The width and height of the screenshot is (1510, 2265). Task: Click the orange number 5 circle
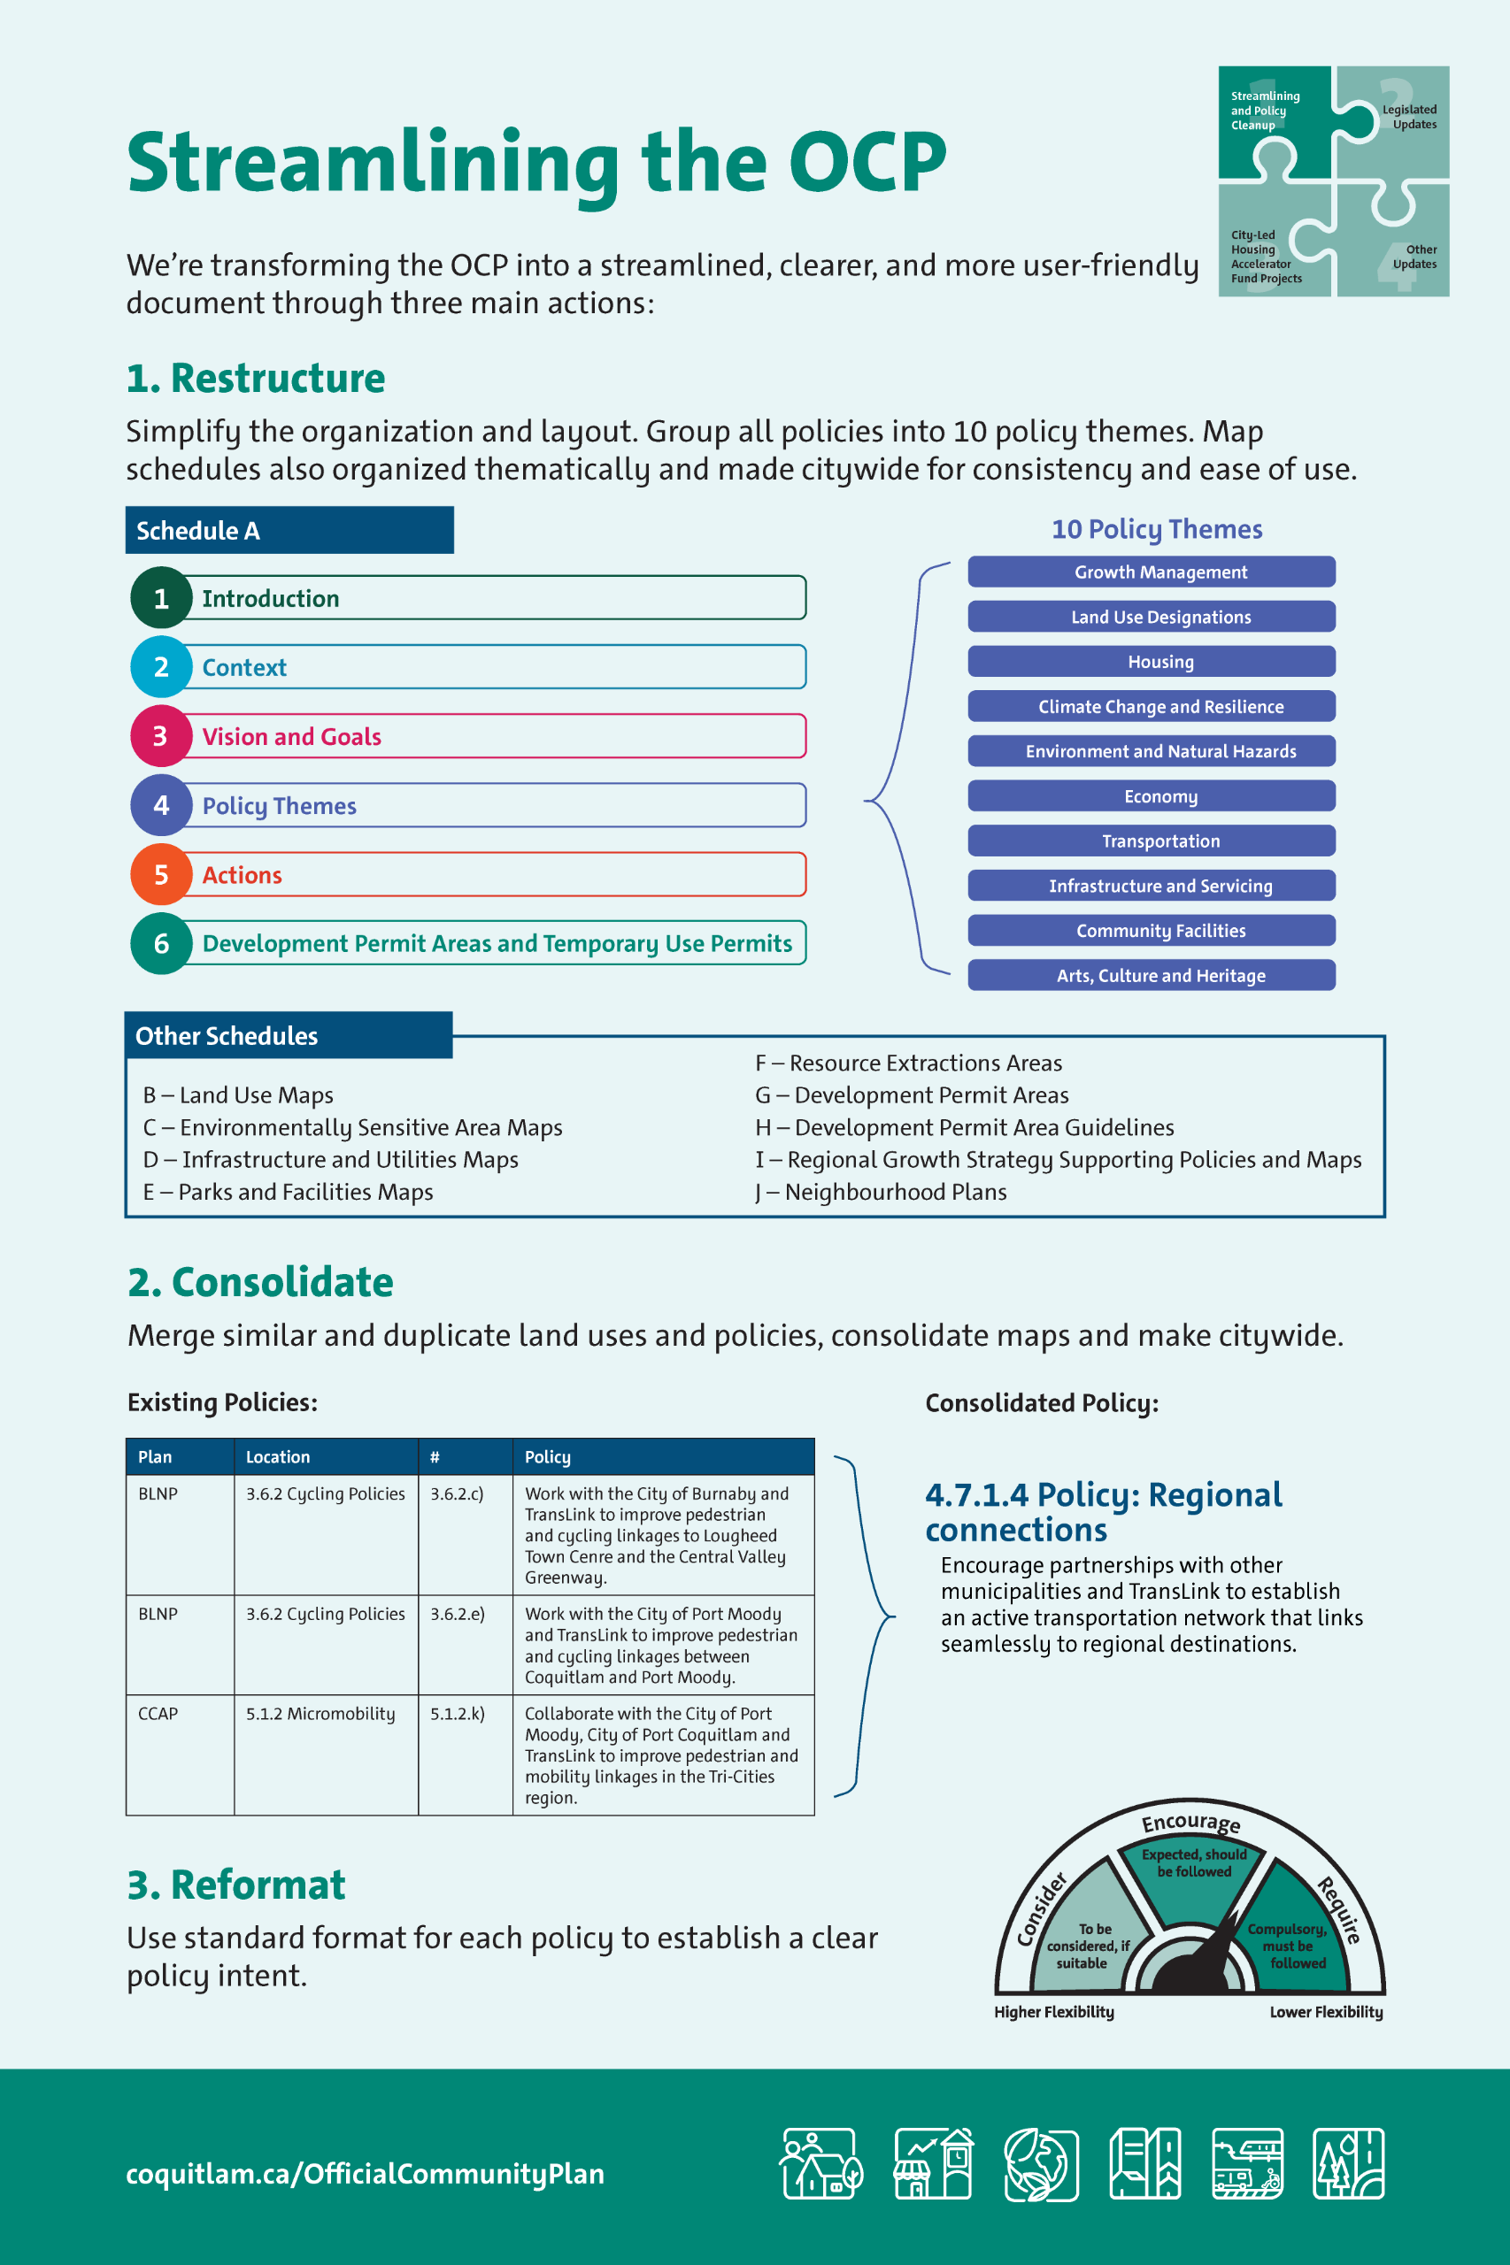161,874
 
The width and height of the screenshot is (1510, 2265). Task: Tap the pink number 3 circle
161,736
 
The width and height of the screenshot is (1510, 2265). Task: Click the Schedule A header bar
289,530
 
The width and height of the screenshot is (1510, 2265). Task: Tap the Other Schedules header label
227,1036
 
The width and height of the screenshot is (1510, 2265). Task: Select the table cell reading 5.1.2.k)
458,1714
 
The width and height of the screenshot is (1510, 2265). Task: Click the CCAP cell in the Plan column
158,1714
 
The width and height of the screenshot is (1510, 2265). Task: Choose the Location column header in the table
278,1456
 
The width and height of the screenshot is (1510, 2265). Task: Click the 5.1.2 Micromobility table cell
320,1714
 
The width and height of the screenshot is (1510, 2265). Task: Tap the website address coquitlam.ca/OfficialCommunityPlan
365,2173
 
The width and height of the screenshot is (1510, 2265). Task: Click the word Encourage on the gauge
1191,1823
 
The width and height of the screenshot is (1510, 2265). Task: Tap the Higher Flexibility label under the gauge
1053,2012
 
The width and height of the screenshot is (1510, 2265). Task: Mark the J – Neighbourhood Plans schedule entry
882,1192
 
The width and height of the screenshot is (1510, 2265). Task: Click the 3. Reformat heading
236,1885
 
